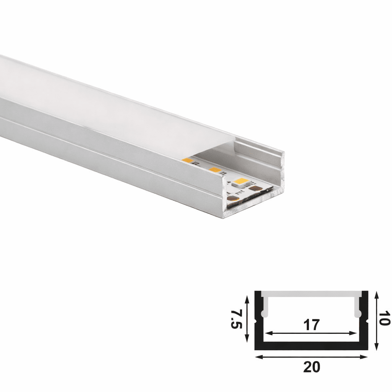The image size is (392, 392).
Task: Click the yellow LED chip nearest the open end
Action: click(x=241, y=181)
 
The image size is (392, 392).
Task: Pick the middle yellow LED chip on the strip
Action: click(x=215, y=170)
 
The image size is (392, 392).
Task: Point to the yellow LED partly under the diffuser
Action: click(x=188, y=160)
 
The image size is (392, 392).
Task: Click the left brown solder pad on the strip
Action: click(x=232, y=198)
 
